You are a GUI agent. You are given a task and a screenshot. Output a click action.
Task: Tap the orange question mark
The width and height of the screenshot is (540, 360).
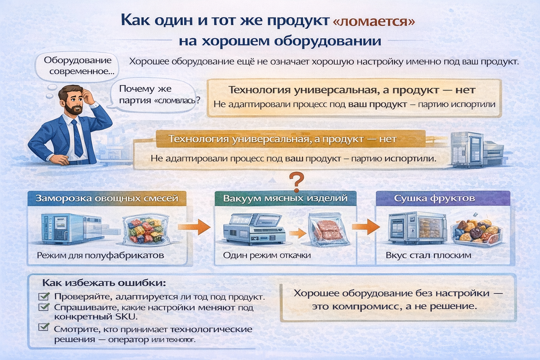point(295,182)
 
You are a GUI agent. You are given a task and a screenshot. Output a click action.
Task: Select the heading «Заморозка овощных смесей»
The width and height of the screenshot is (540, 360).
point(106,198)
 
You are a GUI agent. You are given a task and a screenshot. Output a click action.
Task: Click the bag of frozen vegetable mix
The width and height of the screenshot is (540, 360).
point(145,229)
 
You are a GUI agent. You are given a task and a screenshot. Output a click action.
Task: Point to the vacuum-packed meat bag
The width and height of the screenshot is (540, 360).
point(329,230)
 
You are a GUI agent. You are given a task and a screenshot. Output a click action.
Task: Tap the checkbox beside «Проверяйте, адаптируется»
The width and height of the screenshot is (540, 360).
point(44,297)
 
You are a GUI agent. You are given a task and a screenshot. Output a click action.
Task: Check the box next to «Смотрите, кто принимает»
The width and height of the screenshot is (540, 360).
point(44,328)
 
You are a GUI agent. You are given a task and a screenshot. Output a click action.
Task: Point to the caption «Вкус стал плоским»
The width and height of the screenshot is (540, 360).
point(428,255)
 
